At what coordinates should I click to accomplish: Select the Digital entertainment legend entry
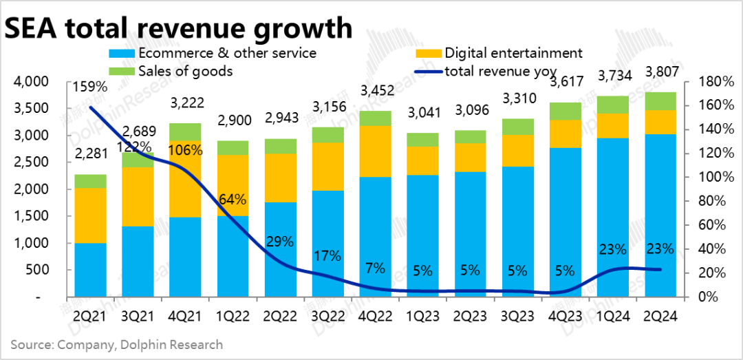pyautogui.click(x=513, y=52)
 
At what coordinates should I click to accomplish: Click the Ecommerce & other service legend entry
pyautogui.click(x=227, y=52)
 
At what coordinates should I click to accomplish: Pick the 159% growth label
pyautogui.click(x=90, y=88)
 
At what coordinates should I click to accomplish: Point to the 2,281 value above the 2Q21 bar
pyautogui.click(x=90, y=162)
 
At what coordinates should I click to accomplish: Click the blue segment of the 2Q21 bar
pyautogui.click(x=90, y=270)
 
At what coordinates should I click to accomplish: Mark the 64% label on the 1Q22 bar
pyautogui.click(x=233, y=200)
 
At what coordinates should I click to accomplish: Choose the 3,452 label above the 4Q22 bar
pyautogui.click(x=376, y=89)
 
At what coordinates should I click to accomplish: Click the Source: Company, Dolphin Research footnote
pyautogui.click(x=116, y=343)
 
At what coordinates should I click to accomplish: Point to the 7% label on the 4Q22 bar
pyautogui.click(x=376, y=268)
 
